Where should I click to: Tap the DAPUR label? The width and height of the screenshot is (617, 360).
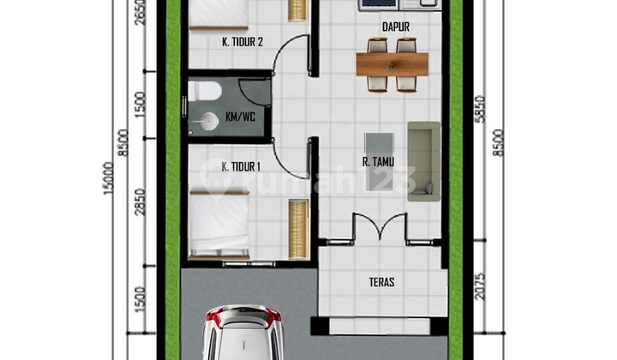(394, 27)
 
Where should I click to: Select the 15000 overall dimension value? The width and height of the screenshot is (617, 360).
(108, 179)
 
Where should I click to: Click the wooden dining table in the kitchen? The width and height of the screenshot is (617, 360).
(392, 63)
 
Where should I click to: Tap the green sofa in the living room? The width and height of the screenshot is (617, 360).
(423, 160)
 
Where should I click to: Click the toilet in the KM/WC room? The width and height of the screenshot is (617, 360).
(206, 91)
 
